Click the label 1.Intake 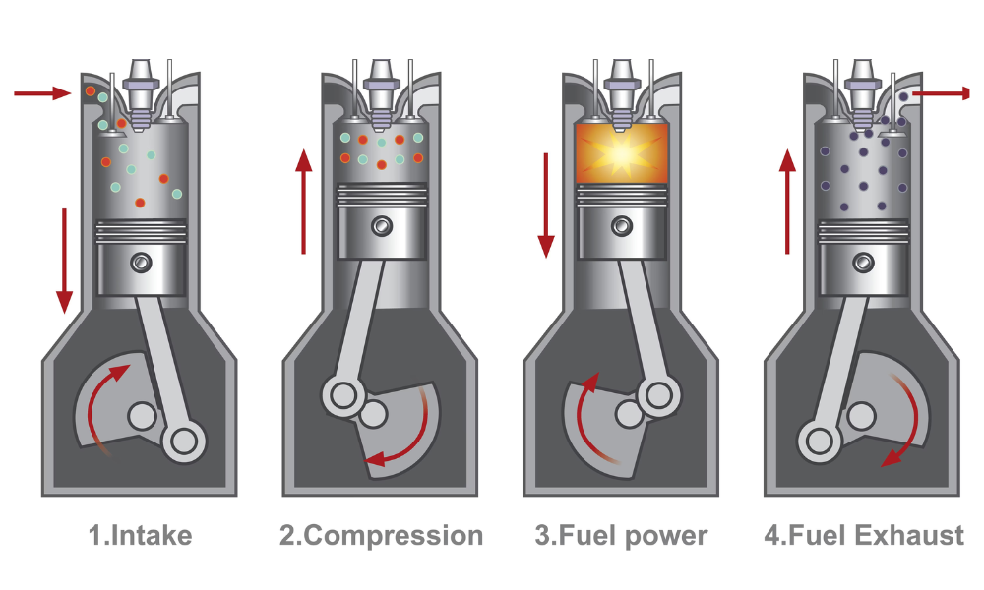click(x=140, y=536)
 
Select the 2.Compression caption click(x=382, y=536)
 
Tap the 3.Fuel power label click(x=621, y=536)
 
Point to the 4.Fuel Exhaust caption click(x=864, y=536)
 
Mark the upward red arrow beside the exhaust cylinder click(x=787, y=201)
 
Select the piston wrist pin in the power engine click(x=621, y=226)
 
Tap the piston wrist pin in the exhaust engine click(x=863, y=262)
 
